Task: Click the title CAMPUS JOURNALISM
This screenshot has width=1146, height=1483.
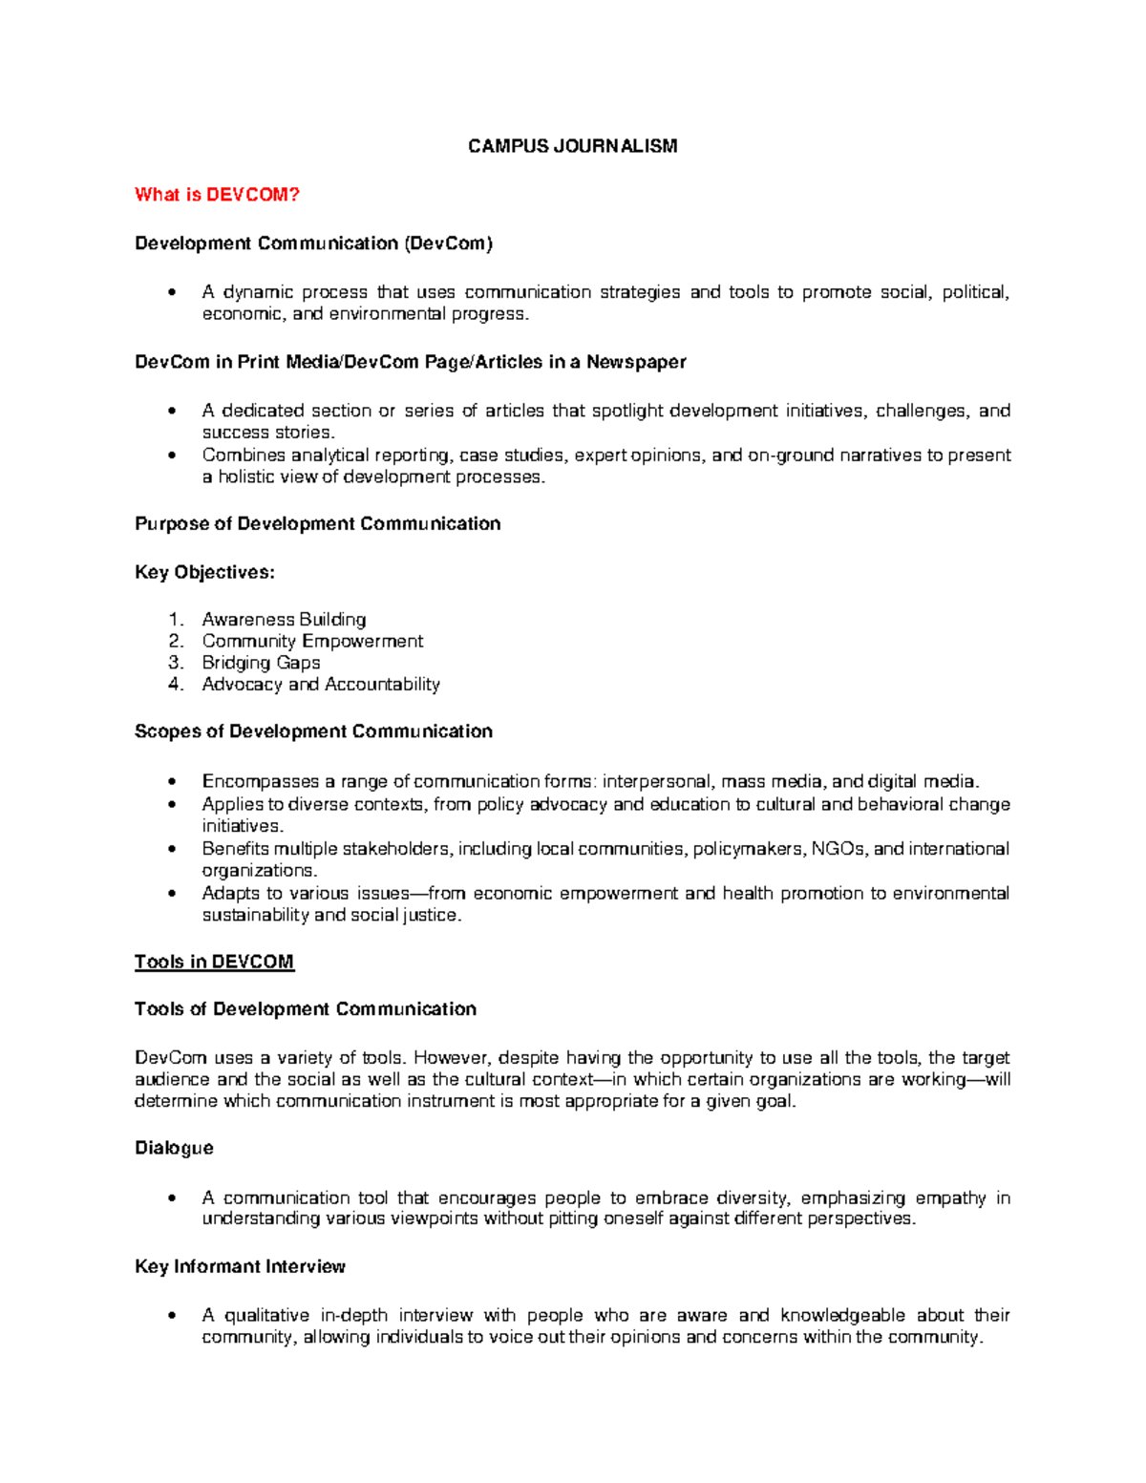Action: (572, 146)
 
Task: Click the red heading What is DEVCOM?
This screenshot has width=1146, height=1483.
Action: (217, 195)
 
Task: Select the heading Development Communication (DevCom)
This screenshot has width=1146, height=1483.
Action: (313, 244)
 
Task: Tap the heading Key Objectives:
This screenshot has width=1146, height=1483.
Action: (204, 572)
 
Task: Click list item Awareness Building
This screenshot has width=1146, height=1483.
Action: (284, 620)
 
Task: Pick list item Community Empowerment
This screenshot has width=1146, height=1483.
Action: (312, 641)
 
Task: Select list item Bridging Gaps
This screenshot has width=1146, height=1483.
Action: (261, 663)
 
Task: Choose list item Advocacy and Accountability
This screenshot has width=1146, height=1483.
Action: (321, 685)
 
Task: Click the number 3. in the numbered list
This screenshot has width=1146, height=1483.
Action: (175, 663)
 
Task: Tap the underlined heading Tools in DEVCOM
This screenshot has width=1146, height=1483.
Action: (214, 962)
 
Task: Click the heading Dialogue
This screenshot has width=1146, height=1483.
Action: (174, 1148)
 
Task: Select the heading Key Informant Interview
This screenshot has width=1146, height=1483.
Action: (240, 1266)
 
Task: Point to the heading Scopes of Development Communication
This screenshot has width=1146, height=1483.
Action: (313, 731)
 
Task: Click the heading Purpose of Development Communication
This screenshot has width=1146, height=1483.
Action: (317, 523)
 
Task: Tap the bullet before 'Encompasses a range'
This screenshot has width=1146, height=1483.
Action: (172, 782)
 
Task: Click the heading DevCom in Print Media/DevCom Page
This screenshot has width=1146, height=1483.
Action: (411, 362)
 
